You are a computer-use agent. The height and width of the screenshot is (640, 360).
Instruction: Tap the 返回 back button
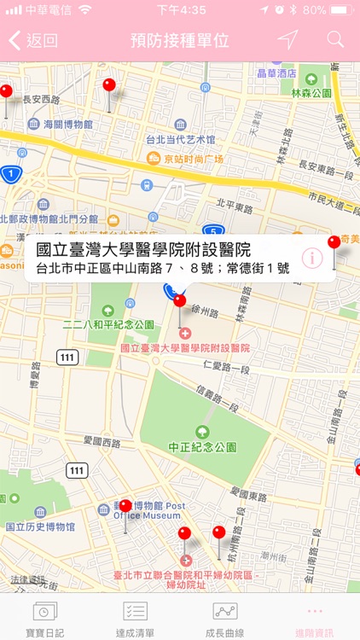[34, 40]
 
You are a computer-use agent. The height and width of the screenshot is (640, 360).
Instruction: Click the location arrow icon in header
[287, 40]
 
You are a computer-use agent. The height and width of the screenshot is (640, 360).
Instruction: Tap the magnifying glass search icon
[335, 40]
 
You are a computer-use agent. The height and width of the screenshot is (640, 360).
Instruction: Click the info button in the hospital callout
[312, 258]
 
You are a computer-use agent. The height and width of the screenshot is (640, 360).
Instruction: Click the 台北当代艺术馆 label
[180, 139]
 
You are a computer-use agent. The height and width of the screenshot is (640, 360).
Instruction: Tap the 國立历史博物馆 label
[40, 527]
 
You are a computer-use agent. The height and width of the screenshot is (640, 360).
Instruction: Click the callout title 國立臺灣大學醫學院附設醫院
[143, 249]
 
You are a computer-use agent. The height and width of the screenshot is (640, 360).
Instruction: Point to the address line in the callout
[162, 269]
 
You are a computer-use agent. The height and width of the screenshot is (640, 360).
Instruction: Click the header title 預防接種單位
[180, 40]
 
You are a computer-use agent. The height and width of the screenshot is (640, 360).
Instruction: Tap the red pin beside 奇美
[334, 243]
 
